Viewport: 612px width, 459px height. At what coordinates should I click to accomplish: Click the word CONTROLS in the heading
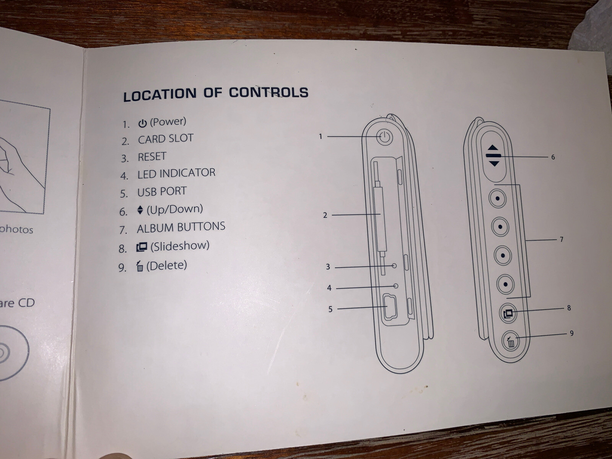click(269, 93)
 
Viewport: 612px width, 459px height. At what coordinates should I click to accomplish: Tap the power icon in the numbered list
click(142, 123)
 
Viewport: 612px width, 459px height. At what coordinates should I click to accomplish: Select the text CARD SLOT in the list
click(166, 139)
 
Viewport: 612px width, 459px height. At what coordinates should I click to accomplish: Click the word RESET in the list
click(152, 156)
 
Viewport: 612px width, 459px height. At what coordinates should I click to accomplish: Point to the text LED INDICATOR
click(176, 173)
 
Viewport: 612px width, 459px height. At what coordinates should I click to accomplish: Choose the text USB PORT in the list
click(162, 191)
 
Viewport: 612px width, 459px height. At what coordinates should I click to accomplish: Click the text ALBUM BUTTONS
click(181, 227)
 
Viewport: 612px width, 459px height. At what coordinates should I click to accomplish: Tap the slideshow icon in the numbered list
click(142, 247)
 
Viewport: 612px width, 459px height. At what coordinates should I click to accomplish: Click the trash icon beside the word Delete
click(140, 267)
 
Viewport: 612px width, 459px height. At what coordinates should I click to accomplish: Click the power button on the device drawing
click(385, 137)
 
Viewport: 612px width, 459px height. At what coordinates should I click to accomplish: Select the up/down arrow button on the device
click(494, 156)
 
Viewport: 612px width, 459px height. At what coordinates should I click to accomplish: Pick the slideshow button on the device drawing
click(508, 313)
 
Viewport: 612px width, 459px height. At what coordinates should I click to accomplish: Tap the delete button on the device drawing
click(511, 341)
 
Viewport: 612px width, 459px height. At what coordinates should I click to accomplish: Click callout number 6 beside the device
click(553, 157)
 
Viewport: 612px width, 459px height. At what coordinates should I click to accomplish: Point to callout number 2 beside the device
click(325, 215)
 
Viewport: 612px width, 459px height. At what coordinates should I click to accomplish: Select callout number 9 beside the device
click(571, 334)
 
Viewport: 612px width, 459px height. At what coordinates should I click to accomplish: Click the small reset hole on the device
click(394, 265)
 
